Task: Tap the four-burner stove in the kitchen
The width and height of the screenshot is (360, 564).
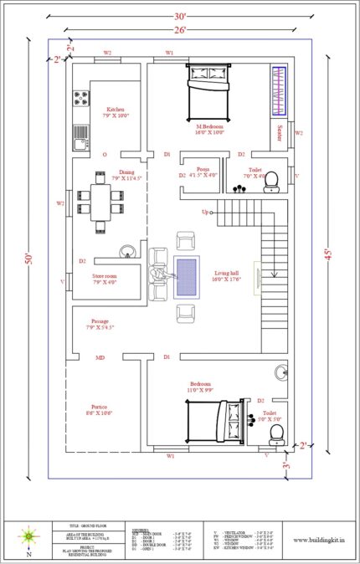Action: [81, 100]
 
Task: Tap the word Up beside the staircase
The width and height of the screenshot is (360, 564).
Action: [204, 212]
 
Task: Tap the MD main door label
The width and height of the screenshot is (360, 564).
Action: [100, 357]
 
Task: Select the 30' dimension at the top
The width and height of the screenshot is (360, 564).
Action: [180, 16]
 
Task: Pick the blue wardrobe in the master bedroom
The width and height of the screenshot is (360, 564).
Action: [279, 91]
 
